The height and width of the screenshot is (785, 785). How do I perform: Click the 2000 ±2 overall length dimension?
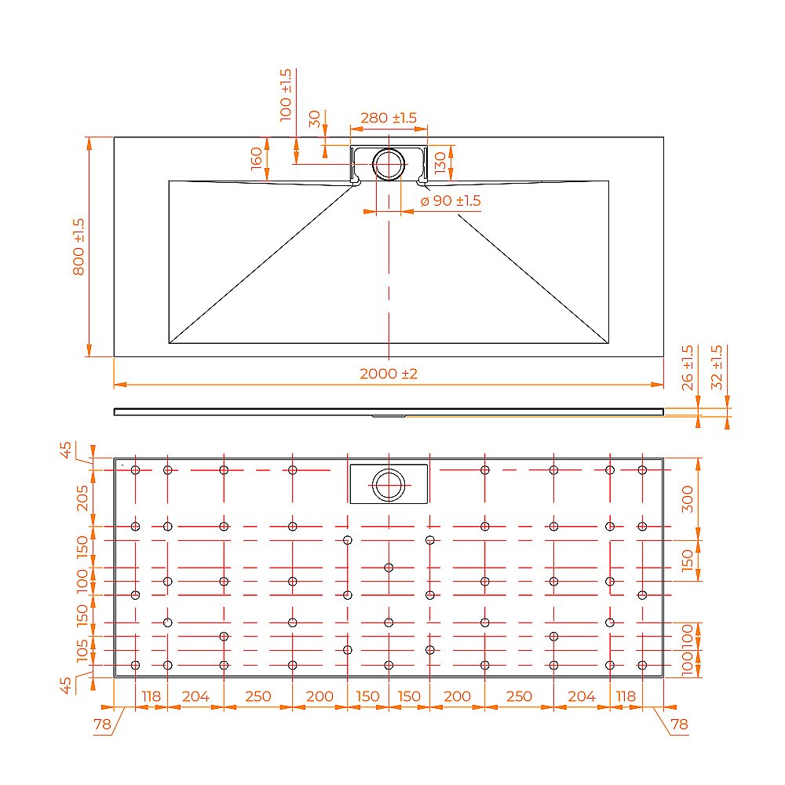pos(389,374)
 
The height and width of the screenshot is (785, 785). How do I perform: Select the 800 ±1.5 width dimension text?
pos(78,246)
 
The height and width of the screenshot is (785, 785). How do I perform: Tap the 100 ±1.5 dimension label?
pos(286,93)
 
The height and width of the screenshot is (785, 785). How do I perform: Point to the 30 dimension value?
pos(315,119)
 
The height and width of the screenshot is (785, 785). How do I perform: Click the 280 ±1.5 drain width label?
pos(388,118)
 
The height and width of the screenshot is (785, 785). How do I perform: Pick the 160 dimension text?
pos(257,159)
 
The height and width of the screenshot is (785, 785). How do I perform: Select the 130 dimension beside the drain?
pos(440,162)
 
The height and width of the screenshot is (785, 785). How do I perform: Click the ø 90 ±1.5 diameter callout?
pos(451,201)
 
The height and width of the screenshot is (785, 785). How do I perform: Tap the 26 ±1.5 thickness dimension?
pos(688,367)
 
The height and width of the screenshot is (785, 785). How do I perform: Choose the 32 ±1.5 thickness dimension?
pos(717,367)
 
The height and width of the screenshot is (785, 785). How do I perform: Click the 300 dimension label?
pos(688,498)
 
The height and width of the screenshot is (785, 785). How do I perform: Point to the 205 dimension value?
pos(82,498)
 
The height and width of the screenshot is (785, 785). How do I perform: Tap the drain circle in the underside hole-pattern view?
pos(389,484)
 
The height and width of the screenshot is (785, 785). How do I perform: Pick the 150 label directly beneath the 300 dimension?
pos(688,560)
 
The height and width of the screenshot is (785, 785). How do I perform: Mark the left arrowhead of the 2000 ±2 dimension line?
pos(118,385)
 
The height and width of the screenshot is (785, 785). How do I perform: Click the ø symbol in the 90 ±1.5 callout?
pos(424,201)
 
